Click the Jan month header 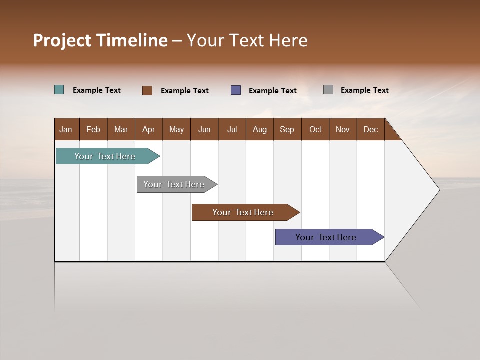coord(66,129)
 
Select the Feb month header coord(93,129)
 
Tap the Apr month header coord(148,129)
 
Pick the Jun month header coord(204,129)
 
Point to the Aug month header coord(259,129)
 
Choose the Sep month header coord(287,129)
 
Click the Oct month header coord(315,129)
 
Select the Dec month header coord(370,129)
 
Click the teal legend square coord(59,90)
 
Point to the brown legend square coord(147,90)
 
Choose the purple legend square coord(236,90)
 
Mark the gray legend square coord(328,90)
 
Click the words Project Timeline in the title coord(100,40)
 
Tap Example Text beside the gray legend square coord(364,90)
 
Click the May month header coord(176,129)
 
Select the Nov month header coord(343,129)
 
